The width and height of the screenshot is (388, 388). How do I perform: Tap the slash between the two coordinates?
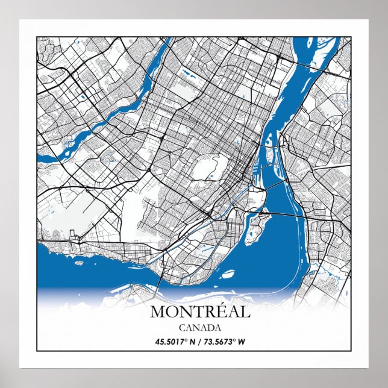pos(199,342)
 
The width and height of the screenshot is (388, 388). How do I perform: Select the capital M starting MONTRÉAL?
pos(157,312)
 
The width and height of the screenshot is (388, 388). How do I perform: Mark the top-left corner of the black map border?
pos(37,37)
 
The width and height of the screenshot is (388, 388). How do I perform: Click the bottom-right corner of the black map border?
pos(351,351)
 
